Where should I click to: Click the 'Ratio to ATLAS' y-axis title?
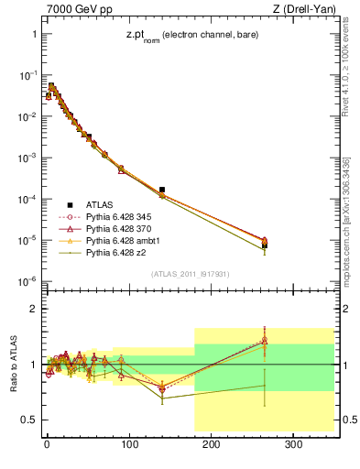pyautogui.click(x=11, y=365)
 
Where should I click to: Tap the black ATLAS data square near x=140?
pyautogui.click(x=162, y=190)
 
